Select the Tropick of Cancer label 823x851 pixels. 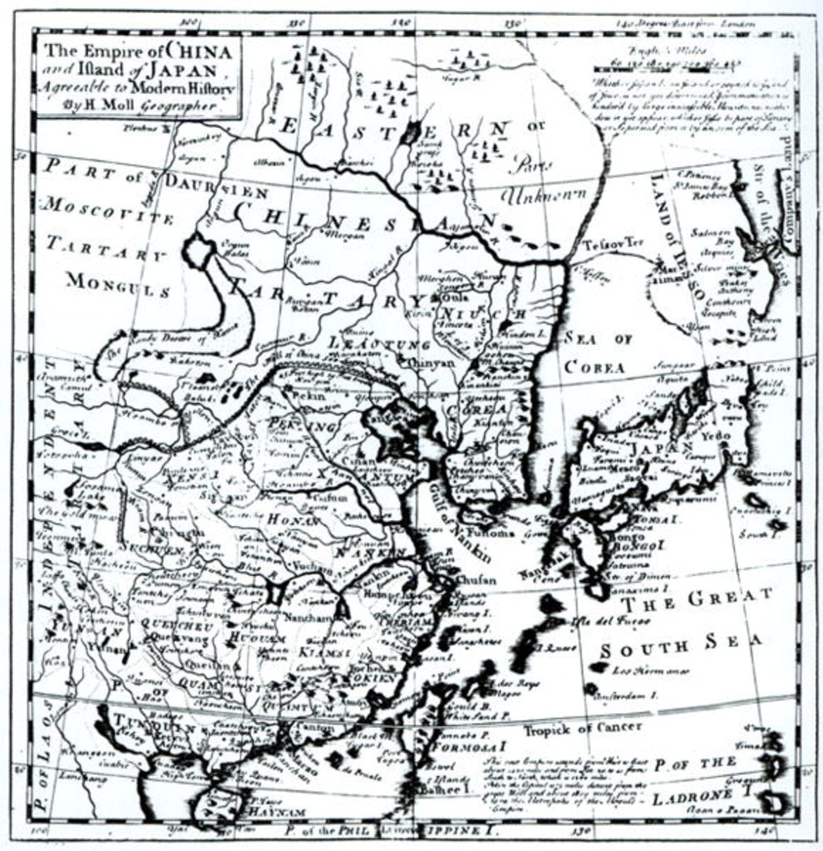582,729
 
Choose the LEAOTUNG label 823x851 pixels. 367,342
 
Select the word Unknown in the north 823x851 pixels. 544,196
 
